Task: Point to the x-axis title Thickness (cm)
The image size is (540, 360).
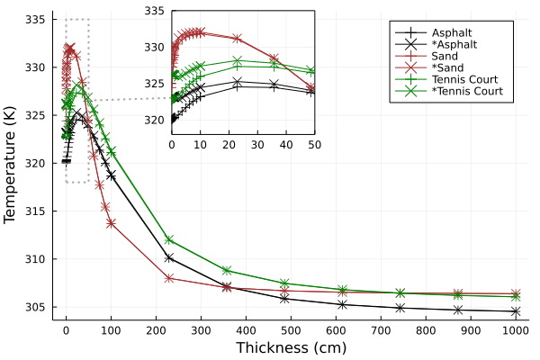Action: (291, 347)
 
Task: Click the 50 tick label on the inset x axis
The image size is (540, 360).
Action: (314, 144)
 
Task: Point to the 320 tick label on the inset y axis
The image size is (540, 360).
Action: (155, 120)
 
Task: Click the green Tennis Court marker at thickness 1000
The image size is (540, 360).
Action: (516, 296)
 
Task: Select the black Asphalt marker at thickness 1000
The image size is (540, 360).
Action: (516, 311)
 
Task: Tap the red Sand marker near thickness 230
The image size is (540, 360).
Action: (169, 278)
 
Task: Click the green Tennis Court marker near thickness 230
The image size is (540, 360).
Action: (169, 239)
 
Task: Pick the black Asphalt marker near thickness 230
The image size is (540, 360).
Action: (169, 257)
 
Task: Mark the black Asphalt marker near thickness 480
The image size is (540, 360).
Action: (284, 298)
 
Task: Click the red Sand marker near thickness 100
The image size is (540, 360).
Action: (111, 223)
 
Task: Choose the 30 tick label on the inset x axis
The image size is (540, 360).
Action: (257, 144)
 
